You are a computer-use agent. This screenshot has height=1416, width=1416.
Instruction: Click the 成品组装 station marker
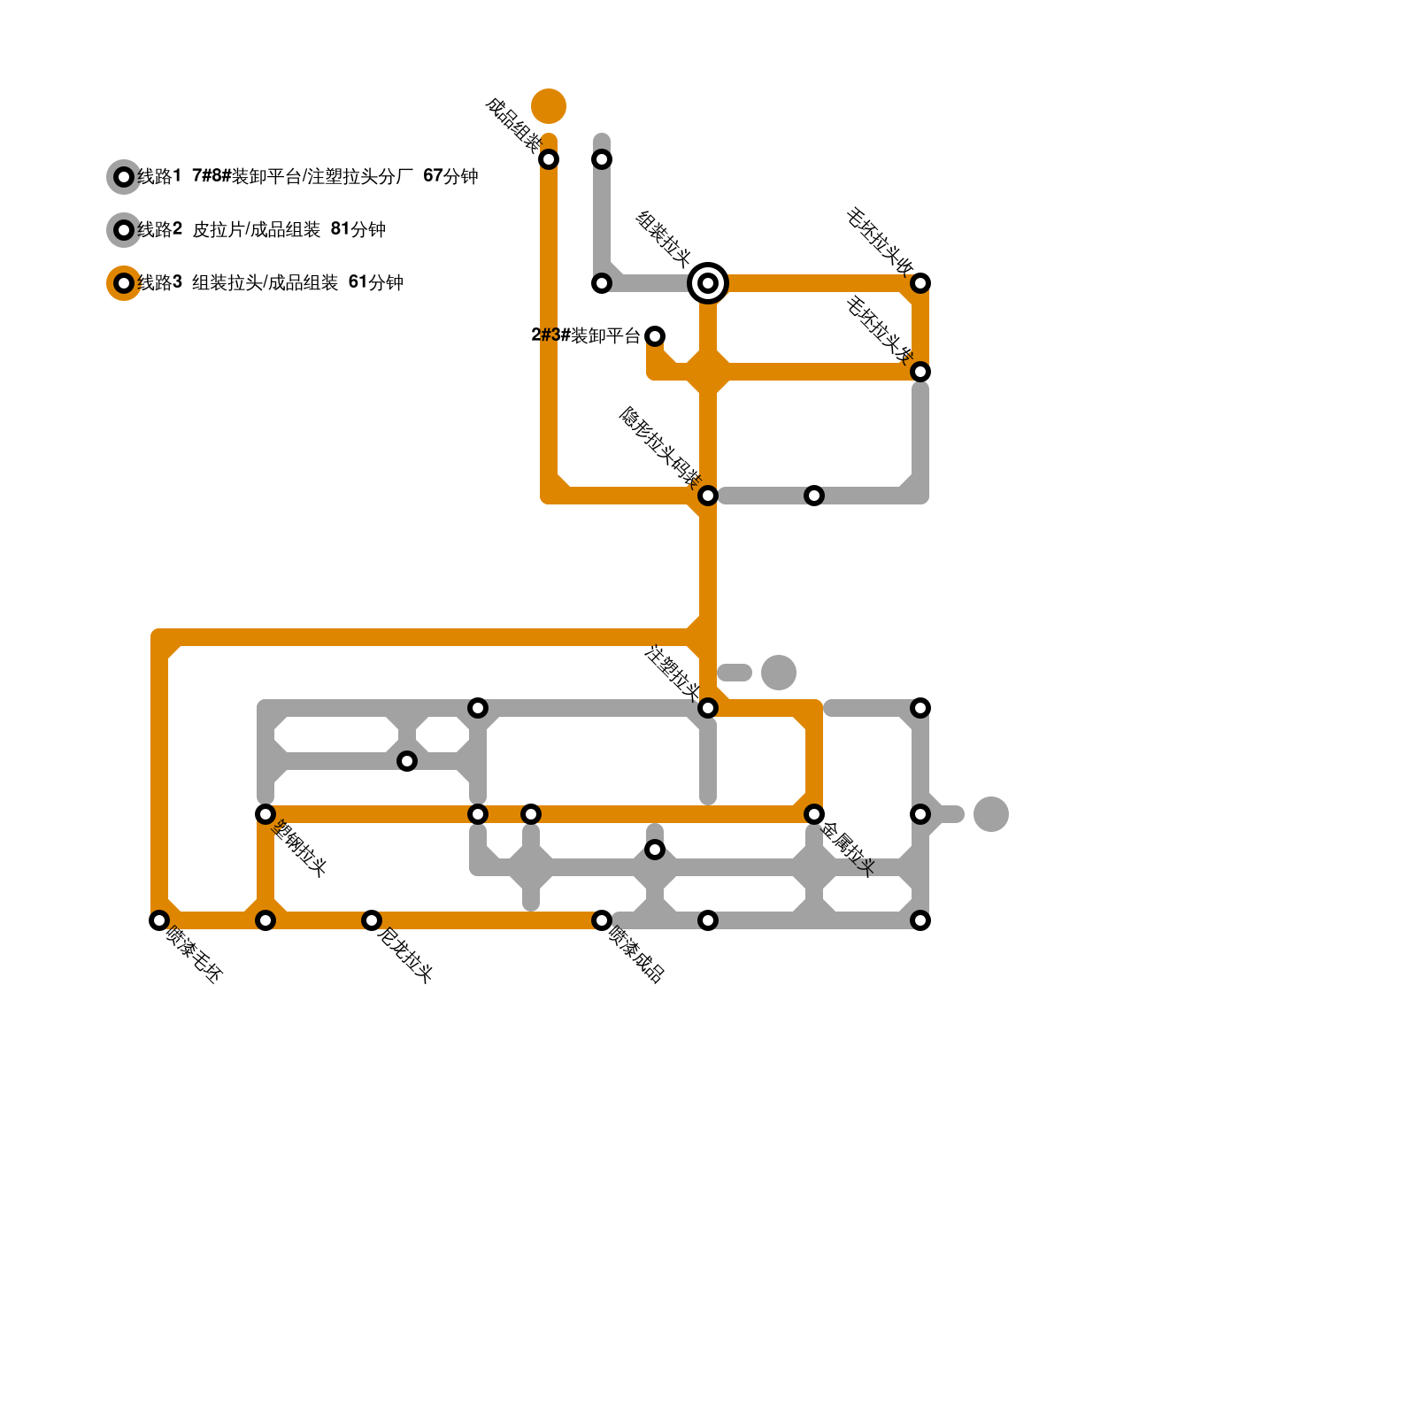549,159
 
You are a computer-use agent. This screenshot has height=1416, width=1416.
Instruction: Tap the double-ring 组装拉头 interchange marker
708,283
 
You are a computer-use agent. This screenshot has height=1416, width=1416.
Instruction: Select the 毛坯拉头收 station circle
920,283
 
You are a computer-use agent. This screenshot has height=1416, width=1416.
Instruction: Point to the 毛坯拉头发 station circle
920,372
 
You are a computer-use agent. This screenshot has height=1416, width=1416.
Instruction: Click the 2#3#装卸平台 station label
585,335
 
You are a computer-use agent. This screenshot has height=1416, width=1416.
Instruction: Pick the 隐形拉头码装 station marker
708,496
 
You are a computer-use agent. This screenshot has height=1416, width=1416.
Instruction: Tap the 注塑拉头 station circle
708,708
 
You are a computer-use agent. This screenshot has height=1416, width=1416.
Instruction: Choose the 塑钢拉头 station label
301,849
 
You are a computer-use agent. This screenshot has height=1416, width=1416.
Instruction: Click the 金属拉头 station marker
814,814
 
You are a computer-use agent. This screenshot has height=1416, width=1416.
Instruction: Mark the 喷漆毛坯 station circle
159,920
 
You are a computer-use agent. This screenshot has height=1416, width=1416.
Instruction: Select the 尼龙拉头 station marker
372,920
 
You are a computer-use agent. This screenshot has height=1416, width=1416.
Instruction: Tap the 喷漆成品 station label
636,955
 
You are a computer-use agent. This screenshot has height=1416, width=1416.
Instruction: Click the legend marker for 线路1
124,177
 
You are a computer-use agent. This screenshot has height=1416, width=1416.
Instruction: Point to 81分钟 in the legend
358,230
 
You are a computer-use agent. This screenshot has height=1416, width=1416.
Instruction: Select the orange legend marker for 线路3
124,283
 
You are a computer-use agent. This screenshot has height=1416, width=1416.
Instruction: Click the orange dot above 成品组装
549,106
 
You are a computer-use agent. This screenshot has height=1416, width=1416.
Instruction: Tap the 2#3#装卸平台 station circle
655,336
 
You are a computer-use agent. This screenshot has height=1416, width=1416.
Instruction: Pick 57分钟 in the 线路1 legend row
450,176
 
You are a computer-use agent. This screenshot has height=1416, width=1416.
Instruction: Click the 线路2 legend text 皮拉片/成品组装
257,230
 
